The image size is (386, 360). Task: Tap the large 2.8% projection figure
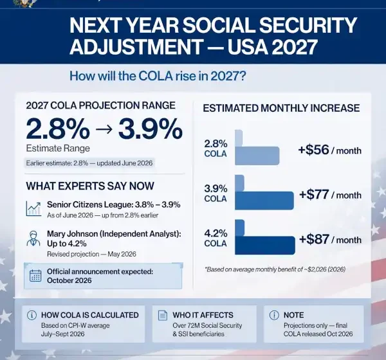(x=58, y=129)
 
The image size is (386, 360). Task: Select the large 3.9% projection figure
(x=151, y=129)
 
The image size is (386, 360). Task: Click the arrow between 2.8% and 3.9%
(x=104, y=130)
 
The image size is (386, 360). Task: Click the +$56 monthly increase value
(x=314, y=150)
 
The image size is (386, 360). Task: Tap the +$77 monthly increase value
(x=314, y=194)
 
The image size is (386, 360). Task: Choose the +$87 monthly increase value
(x=314, y=239)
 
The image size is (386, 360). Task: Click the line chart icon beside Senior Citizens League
(x=33, y=209)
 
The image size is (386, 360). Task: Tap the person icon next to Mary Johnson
(x=33, y=239)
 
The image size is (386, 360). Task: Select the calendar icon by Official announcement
(x=35, y=276)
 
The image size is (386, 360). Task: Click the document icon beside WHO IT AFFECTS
(x=163, y=315)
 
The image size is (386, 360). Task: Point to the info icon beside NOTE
(x=274, y=315)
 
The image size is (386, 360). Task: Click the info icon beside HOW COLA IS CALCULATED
(x=32, y=315)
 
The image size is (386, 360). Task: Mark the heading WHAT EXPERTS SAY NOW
(x=90, y=186)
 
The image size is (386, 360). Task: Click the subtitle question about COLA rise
(x=158, y=76)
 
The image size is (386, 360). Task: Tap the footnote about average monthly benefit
(x=275, y=269)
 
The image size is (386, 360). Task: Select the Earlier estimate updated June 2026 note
(x=89, y=163)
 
